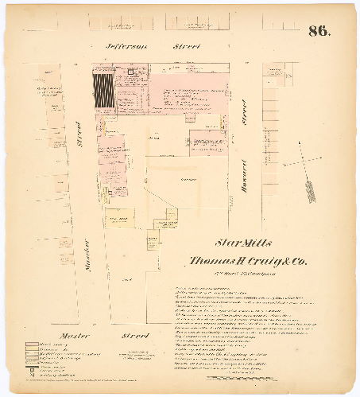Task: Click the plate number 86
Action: click(319, 32)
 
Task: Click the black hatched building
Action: click(103, 91)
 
